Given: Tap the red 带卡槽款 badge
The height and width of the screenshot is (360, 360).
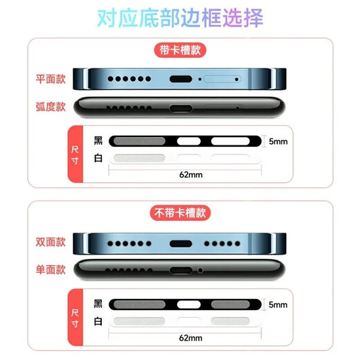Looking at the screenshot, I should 180,50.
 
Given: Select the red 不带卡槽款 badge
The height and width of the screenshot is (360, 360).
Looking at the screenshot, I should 180,213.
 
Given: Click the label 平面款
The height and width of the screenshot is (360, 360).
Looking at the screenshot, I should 51,79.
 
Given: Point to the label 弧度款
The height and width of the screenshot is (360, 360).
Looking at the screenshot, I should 51,107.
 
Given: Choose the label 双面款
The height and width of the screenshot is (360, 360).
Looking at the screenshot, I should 51,243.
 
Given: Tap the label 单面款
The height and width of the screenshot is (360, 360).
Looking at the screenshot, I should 51,269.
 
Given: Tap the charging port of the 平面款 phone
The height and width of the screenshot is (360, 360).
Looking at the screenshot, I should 181,79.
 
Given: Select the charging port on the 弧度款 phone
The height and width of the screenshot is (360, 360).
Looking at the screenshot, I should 181,108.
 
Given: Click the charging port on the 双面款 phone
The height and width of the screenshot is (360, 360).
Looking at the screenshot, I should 181,244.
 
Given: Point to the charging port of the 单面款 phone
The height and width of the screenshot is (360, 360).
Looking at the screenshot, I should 181,270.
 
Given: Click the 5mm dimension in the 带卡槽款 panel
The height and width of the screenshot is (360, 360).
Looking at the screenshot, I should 278,141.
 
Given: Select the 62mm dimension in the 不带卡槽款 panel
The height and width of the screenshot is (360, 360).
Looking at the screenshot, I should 190,338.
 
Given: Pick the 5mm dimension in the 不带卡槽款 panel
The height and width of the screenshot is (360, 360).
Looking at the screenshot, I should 278,305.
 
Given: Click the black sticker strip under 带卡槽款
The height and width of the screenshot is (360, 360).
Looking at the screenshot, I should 186,141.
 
